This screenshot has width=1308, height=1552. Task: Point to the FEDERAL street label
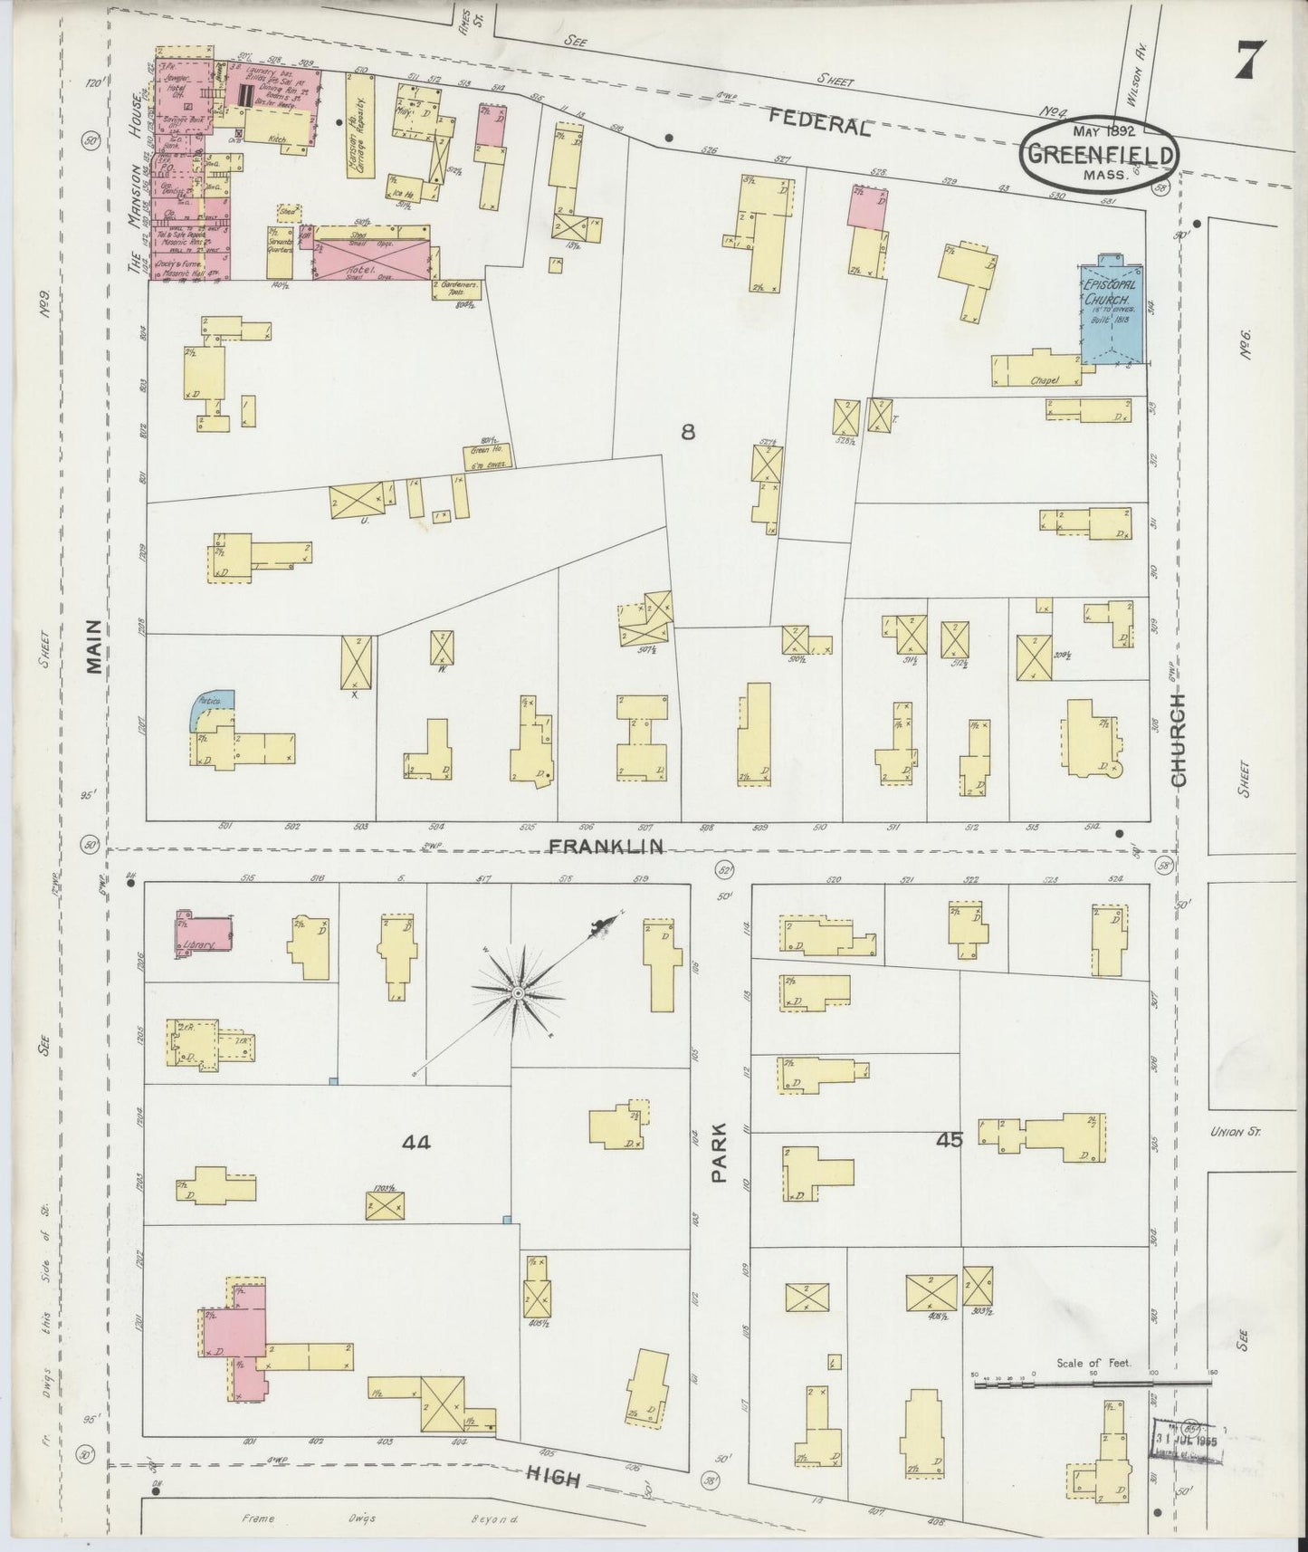pos(820,120)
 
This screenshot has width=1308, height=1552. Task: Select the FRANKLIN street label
pos(606,846)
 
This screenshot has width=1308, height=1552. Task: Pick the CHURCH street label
pos(1178,738)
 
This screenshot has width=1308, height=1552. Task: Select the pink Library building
pos(203,934)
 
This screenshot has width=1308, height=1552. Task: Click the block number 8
pos(688,432)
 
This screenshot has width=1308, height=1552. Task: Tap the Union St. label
pos(1233,1131)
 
